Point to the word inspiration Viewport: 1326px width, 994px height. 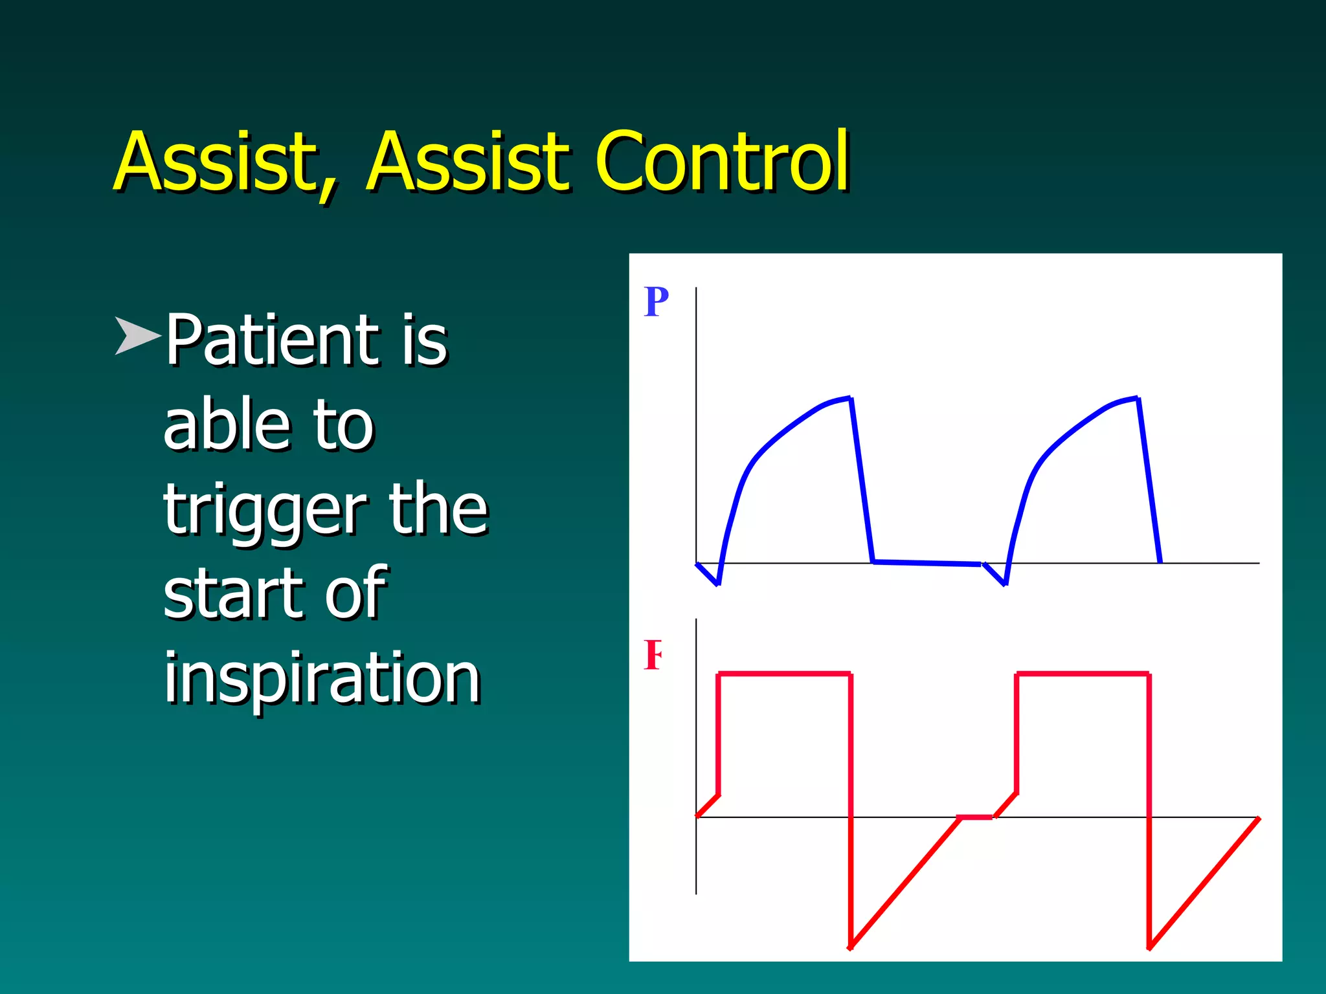pos(322,678)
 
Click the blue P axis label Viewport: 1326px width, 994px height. pos(656,302)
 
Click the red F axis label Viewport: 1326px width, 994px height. pos(653,656)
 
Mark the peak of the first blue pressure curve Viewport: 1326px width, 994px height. pos(849,399)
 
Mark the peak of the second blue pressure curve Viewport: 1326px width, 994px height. pos(1136,399)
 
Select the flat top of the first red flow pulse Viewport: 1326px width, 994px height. pos(784,674)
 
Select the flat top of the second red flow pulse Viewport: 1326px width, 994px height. pos(1083,674)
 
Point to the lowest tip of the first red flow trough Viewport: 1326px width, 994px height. pos(851,947)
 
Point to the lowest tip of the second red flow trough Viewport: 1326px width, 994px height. pos(1149,948)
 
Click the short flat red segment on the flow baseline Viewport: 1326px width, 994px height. pos(975,818)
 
